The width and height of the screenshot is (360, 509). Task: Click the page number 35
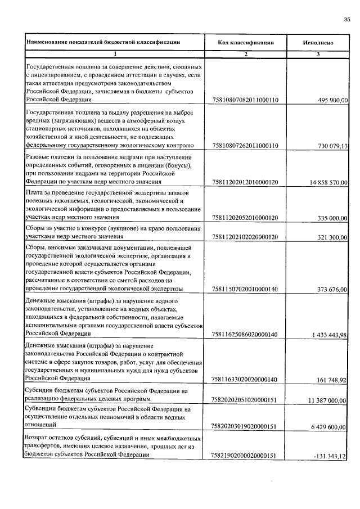(346, 20)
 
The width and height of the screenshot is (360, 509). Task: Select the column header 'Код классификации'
(246, 42)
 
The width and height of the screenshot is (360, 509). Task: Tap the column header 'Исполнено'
(318, 42)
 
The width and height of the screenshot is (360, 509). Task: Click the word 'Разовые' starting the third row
(38, 156)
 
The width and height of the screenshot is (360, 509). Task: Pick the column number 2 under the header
(246, 54)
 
